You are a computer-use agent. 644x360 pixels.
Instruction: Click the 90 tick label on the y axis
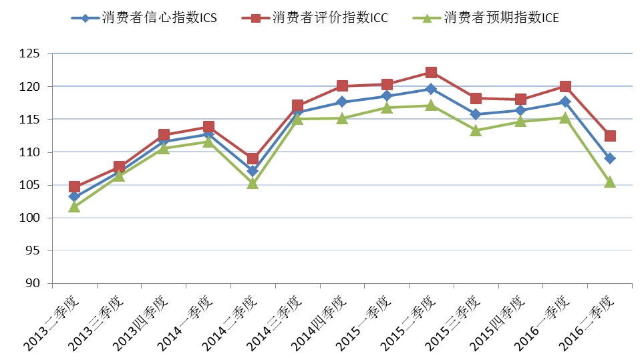[34, 283]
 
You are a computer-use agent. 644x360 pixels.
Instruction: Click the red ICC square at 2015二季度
[431, 72]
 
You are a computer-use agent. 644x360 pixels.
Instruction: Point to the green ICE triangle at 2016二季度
[610, 182]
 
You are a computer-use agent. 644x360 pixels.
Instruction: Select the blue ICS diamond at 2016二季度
[610, 158]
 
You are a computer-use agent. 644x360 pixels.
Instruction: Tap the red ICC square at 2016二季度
[610, 136]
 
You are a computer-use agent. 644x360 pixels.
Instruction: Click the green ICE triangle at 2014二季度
[253, 183]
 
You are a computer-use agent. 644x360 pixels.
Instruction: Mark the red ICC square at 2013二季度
[74, 187]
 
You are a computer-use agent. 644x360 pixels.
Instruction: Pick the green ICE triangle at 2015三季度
[476, 130]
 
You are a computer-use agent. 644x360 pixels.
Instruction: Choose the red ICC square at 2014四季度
[342, 85]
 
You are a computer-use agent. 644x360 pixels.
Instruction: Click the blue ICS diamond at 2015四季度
[520, 110]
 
